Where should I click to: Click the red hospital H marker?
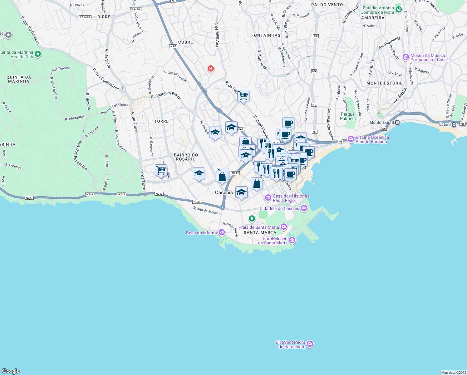pyautogui.click(x=211, y=68)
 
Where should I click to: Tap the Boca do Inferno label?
pyautogui.click(x=201, y=233)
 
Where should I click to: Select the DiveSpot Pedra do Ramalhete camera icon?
pyautogui.click(x=310, y=344)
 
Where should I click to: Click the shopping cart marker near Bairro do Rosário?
pyautogui.click(x=161, y=170)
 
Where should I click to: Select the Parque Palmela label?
pyautogui.click(x=348, y=116)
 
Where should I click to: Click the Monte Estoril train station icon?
pyautogui.click(x=397, y=122)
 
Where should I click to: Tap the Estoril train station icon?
pyautogui.click(x=454, y=124)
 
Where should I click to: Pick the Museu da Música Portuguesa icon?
pyautogui.click(x=406, y=57)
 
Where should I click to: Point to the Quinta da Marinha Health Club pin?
pyautogui.click(x=38, y=54)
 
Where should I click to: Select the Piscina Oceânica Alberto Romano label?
pyautogui.click(x=372, y=139)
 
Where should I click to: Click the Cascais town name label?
pyautogui.click(x=224, y=192)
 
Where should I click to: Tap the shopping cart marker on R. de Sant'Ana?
pyautogui.click(x=243, y=95)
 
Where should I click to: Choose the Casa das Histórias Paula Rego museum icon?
pyautogui.click(x=268, y=197)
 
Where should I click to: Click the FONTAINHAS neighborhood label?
pyautogui.click(x=266, y=35)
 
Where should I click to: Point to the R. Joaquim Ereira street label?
pyautogui.click(x=165, y=95)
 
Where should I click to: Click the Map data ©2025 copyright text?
pyautogui.click(x=454, y=372)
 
